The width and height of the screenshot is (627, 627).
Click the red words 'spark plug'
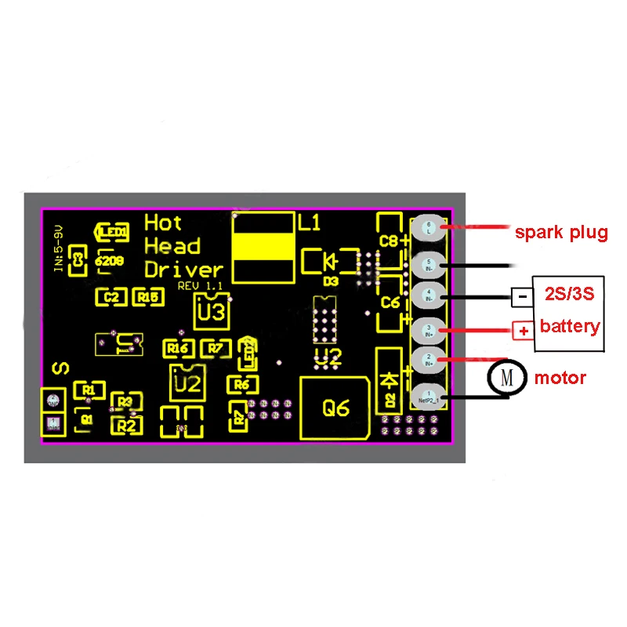coord(560,233)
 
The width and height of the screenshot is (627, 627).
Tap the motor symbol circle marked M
coord(506,379)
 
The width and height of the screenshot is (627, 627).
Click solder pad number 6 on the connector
coord(428,228)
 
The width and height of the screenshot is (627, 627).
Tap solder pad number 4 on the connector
coord(428,295)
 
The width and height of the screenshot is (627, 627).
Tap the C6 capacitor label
coord(390,302)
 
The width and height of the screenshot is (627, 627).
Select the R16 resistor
coord(178,348)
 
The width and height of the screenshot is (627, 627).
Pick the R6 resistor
coord(241,384)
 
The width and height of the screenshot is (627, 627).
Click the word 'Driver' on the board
coord(183,269)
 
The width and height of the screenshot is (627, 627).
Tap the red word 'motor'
coord(560,379)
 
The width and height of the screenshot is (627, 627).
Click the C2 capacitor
coord(111,296)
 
